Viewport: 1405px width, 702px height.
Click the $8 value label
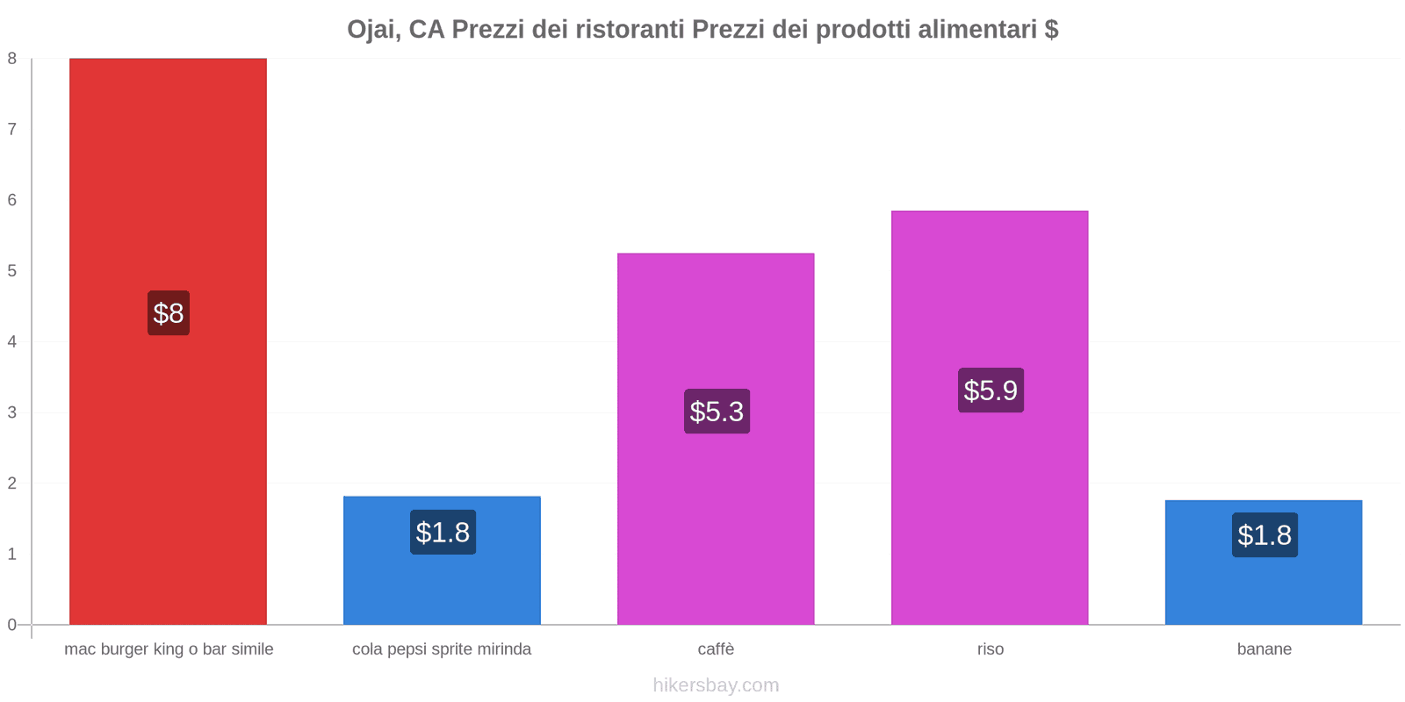point(168,313)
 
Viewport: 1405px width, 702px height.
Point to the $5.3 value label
point(717,411)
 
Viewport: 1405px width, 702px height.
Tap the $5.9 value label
point(991,390)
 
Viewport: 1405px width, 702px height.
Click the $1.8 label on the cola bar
point(443,532)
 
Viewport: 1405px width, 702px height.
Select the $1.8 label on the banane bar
point(1264,534)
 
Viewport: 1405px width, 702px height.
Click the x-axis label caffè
point(716,649)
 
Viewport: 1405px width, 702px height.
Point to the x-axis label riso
point(990,649)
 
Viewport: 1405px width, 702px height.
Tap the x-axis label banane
point(1264,649)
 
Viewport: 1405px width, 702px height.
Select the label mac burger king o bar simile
point(169,649)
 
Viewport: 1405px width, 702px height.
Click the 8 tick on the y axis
point(12,59)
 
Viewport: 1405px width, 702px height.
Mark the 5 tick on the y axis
point(12,271)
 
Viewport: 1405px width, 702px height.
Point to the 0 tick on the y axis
point(12,625)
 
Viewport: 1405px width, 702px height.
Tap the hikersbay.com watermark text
point(716,685)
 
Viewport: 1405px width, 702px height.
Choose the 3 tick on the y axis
point(12,412)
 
